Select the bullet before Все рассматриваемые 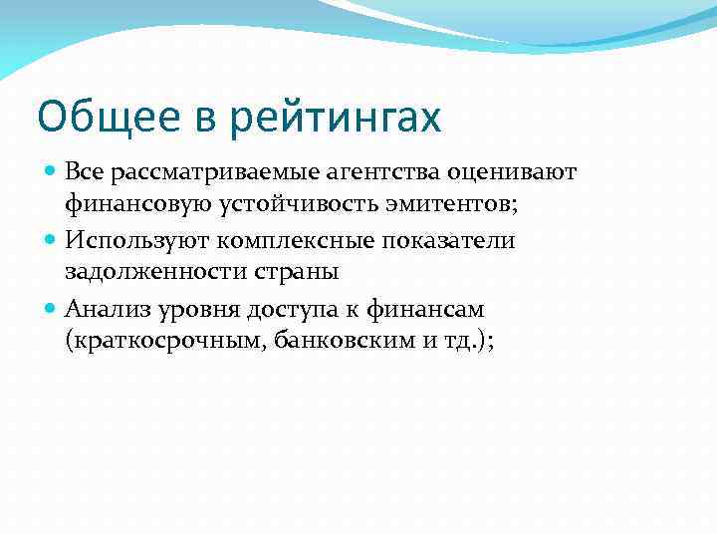[x=52, y=172]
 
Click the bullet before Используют [x=52, y=240]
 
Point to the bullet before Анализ [x=52, y=309]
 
